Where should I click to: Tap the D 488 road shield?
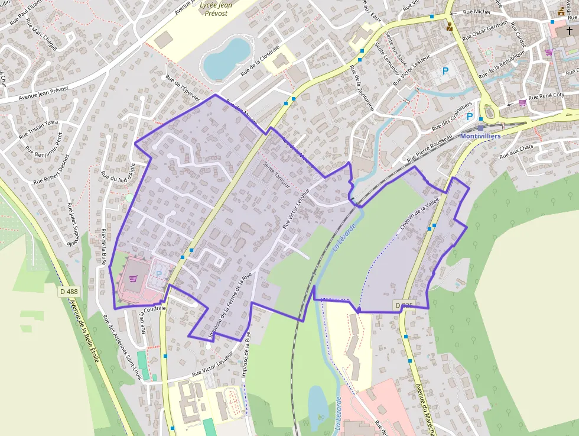[69, 291]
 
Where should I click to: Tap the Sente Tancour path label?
[277, 175]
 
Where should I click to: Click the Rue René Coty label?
[546, 96]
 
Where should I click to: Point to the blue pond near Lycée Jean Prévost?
[226, 57]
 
